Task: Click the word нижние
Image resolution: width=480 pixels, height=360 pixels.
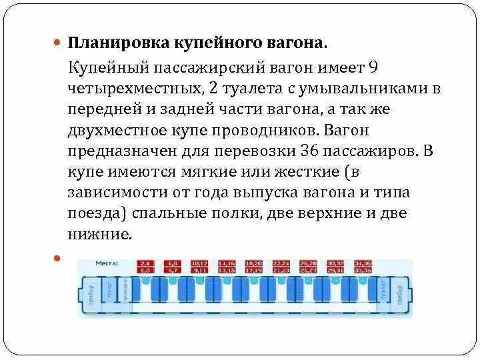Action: click(101, 234)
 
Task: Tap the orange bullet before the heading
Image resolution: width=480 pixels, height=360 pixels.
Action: click(57, 42)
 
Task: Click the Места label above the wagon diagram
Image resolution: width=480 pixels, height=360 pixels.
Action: click(107, 263)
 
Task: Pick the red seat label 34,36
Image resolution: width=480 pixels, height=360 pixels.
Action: click(363, 263)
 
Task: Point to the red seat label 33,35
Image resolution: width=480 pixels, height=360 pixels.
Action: click(363, 271)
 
